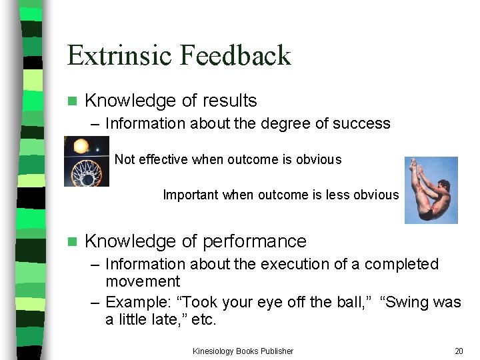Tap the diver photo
click(x=431, y=189)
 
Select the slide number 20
click(x=458, y=351)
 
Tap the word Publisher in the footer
click(x=275, y=351)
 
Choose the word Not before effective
click(x=124, y=160)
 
